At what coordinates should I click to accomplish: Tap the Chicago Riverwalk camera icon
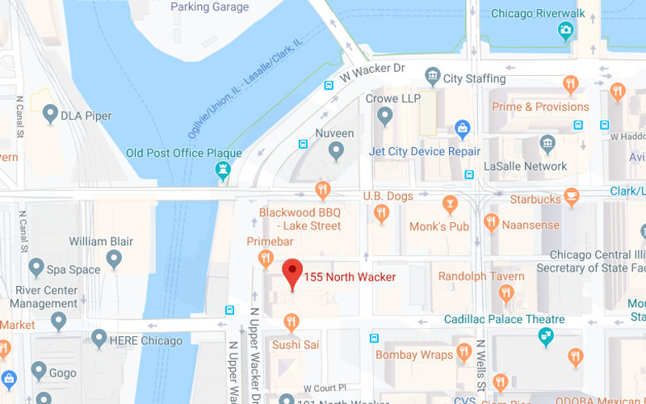pos(566,31)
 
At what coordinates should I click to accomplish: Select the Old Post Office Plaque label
pos(183,153)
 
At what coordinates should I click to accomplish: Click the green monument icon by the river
pos(221,169)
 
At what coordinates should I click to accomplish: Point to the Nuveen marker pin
pos(336,149)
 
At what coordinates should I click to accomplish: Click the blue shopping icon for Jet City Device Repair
pos(463,128)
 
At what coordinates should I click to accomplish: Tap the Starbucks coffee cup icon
pos(572,196)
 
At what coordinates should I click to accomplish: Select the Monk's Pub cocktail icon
pos(450,203)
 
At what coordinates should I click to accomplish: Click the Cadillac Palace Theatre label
pos(505,319)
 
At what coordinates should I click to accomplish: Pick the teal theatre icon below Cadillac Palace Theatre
pos(547,336)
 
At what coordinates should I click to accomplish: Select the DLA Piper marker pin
pos(51,114)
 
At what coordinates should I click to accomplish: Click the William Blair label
pos(100,241)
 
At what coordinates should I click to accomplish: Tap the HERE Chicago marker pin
pos(99,339)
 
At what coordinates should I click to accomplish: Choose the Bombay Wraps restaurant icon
pos(464,352)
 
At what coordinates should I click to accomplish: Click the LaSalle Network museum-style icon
pos(548,145)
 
